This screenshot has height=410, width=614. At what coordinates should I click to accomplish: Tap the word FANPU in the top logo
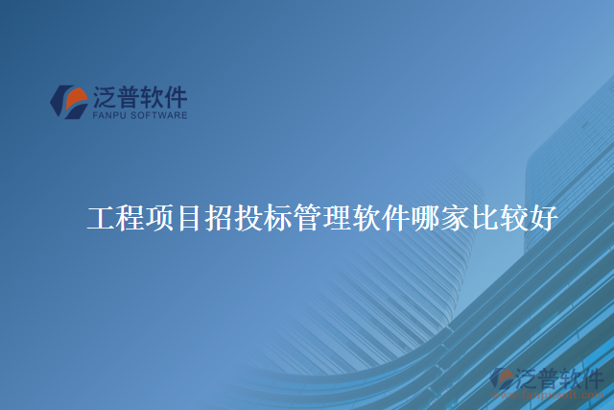point(109,115)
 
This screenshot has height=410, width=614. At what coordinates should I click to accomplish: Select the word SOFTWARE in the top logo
point(159,115)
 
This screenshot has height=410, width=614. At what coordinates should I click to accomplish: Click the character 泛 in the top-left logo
point(106,97)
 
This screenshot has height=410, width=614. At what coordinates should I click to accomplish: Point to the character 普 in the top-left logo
point(130,97)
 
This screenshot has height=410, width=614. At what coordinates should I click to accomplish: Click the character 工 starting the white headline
point(101,219)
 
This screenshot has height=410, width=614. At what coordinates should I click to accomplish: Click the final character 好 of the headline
point(543,219)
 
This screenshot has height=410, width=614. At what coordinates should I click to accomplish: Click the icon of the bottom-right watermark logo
point(503,379)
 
